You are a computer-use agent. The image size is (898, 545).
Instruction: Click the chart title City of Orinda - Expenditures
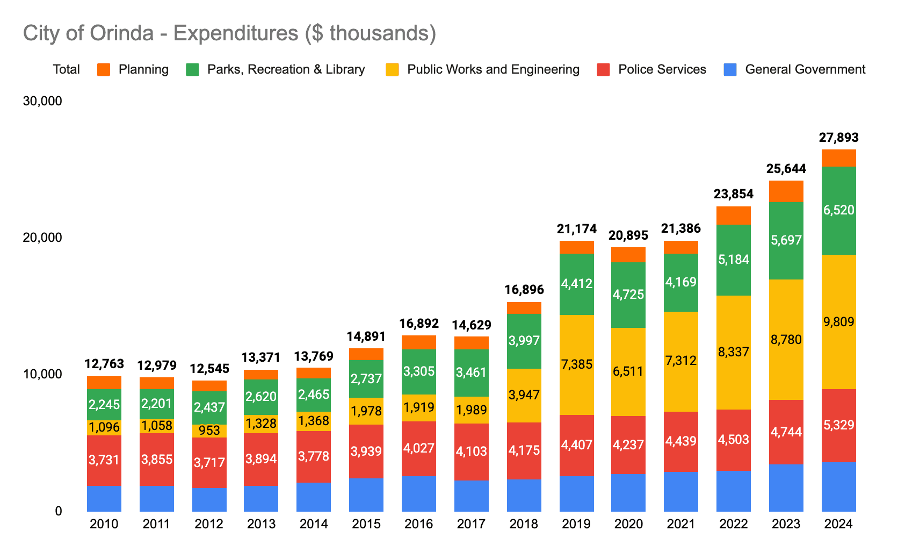coord(229,33)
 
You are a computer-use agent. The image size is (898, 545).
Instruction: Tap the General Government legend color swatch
coord(730,69)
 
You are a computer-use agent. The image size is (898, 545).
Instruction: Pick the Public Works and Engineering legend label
coord(493,69)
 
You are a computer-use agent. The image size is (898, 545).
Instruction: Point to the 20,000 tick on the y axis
coord(42,238)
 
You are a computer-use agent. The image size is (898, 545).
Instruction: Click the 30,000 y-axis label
coord(42,101)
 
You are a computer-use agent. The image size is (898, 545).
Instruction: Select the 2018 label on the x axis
coord(524,524)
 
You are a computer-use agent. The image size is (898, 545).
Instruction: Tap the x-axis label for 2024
coord(838,524)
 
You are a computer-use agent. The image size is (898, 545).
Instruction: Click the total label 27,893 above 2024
coord(838,138)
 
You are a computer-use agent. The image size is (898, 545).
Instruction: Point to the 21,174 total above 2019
coord(577,230)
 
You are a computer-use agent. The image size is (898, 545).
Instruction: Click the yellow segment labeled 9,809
coord(838,322)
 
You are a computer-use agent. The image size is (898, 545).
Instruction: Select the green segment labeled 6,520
coord(838,210)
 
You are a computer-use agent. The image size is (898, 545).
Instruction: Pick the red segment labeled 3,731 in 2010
coord(104,460)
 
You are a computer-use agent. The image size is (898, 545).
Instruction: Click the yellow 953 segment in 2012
coord(209,431)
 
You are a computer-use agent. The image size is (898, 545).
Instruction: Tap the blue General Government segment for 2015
coord(366,494)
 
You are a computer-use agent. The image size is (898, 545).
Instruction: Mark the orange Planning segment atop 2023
coord(786,191)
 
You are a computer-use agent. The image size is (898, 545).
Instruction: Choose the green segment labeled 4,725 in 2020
coord(628,295)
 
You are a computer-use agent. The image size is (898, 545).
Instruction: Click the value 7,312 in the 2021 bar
coord(681,361)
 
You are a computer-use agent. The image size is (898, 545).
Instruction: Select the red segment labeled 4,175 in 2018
coord(524,450)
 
